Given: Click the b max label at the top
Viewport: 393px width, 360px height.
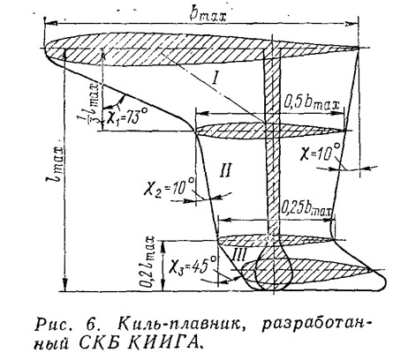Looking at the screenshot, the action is tap(208, 15).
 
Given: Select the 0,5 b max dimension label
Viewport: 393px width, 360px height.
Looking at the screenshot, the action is tap(312, 103).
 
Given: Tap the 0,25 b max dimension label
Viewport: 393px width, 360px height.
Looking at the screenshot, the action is tap(306, 208).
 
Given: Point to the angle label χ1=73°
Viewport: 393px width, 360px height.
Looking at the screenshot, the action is tap(125, 116).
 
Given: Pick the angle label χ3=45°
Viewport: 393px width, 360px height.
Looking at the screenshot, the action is tap(194, 265).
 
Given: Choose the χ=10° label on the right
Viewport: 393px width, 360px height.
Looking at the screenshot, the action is tap(321, 152).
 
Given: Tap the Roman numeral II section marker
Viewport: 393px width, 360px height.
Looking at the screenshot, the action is tap(225, 170).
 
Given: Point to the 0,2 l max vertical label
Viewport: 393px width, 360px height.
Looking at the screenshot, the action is tap(151, 261).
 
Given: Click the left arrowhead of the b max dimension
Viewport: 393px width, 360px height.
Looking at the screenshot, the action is tap(50, 23).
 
